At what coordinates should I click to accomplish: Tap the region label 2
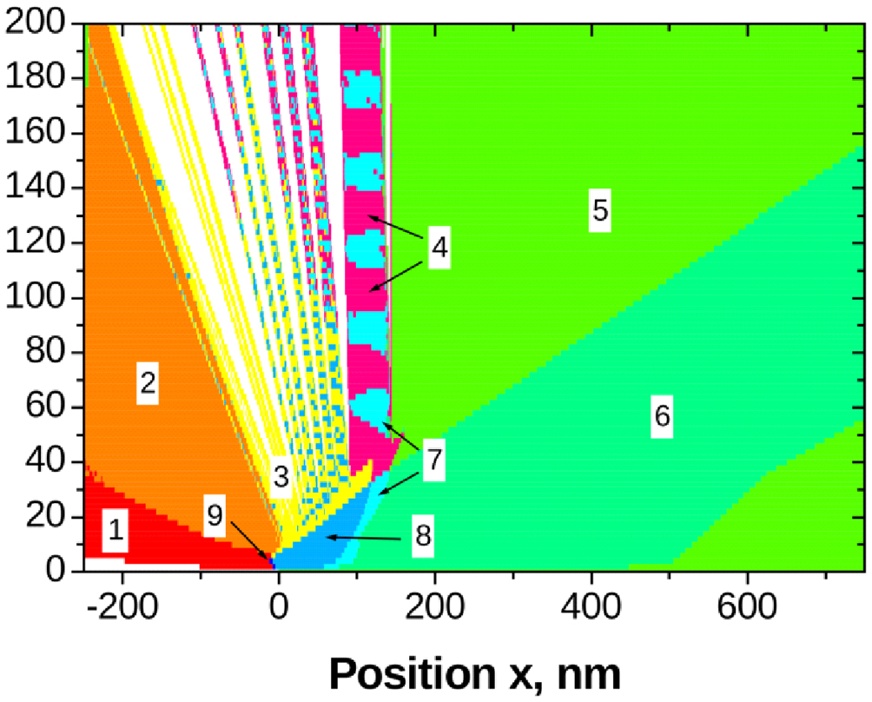pos(148,383)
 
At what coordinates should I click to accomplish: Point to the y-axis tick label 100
pos(41,298)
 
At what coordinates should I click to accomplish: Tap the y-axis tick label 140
pos(41,189)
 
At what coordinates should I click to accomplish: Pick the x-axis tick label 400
pos(591,600)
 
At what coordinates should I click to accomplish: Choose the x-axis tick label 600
pos(748,600)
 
